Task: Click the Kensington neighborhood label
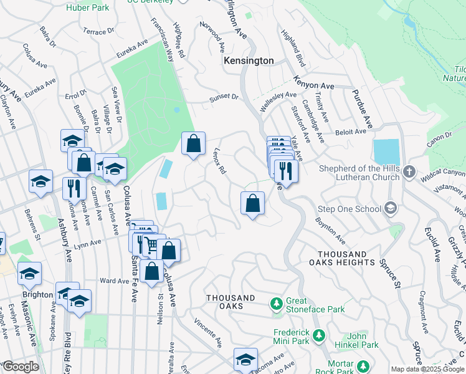(249, 60)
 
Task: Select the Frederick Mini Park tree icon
(319, 336)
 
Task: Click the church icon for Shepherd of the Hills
(409, 171)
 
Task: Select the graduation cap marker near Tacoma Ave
(245, 360)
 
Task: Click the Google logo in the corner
(20, 367)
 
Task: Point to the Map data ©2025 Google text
(427, 369)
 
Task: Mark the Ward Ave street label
(114, 281)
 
